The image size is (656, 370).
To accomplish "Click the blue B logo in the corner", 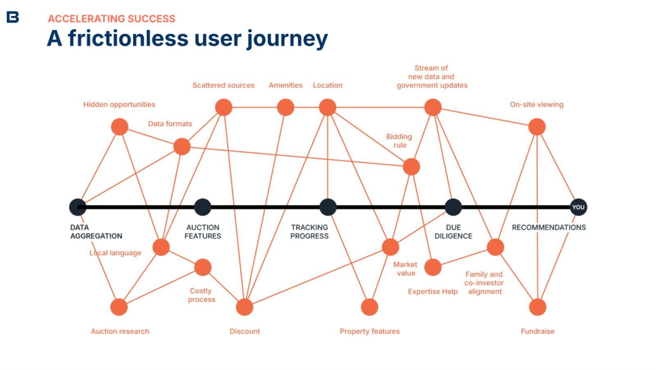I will click(x=12, y=17).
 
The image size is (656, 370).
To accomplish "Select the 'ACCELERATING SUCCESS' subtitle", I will click(x=111, y=19).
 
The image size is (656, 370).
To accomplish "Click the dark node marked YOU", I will click(x=578, y=207).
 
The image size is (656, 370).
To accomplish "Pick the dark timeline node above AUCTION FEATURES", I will click(x=202, y=207).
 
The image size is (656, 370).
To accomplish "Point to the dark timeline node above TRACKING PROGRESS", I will click(x=327, y=207).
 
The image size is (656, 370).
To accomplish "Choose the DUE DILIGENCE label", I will click(x=459, y=231).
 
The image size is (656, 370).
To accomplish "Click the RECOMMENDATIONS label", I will click(x=548, y=228).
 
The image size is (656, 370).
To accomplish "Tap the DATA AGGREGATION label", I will click(x=96, y=231).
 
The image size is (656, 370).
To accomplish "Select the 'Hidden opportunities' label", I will click(x=119, y=105).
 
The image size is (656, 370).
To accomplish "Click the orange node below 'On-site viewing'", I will click(x=537, y=127).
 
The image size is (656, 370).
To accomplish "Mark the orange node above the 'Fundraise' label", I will click(x=537, y=307).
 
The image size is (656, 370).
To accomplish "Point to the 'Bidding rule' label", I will click(x=398, y=141).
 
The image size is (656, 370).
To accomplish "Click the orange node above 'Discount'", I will click(x=245, y=307).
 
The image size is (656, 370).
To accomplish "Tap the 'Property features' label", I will click(x=370, y=332).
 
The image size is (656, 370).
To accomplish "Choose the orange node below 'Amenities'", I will click(x=285, y=107).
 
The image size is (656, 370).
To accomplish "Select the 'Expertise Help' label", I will click(x=433, y=292).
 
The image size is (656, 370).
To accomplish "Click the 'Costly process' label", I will click(x=202, y=296).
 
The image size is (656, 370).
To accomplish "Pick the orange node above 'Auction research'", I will click(x=119, y=307).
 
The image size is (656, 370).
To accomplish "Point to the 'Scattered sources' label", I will click(x=224, y=85).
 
